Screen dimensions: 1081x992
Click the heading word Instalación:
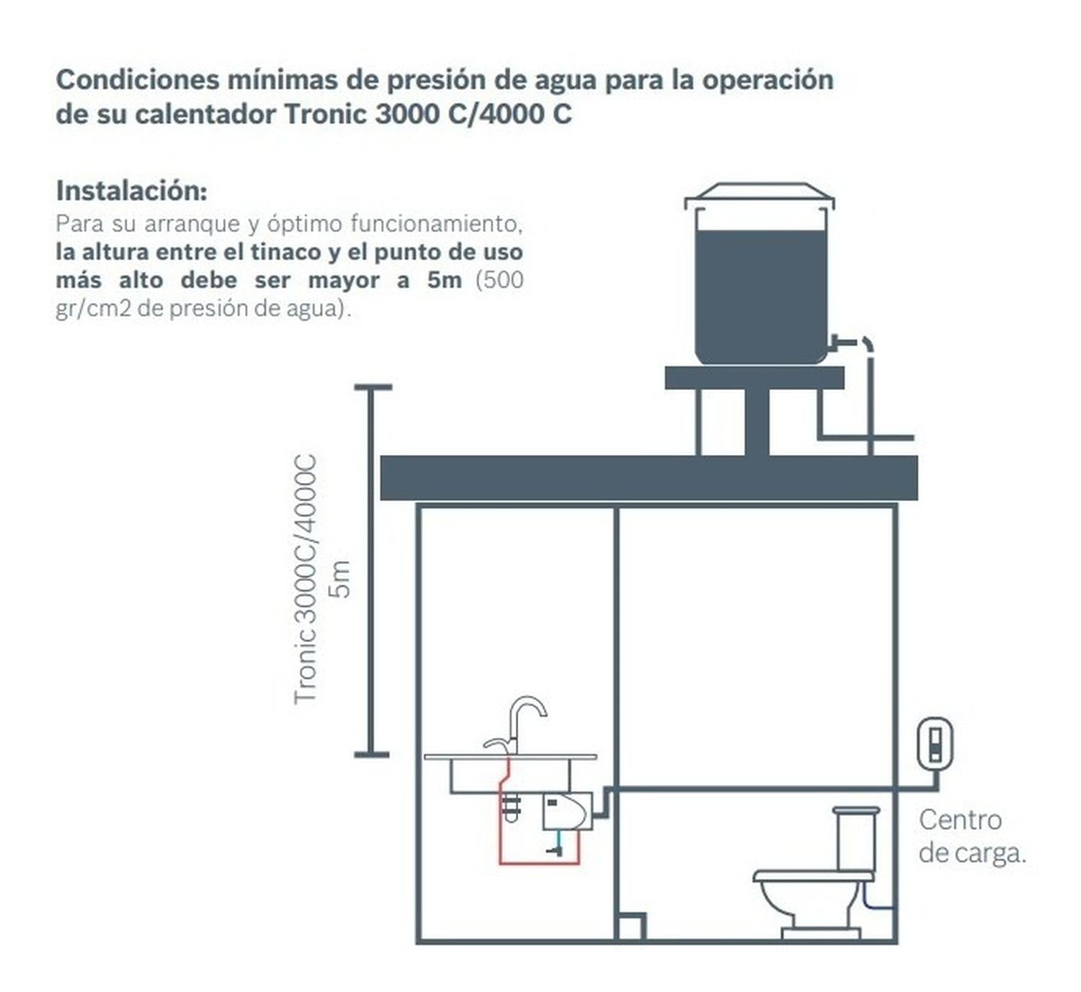coord(131,190)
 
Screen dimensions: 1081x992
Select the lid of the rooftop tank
coord(760,194)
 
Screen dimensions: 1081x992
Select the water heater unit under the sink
coord(567,811)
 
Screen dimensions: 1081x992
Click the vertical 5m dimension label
coord(340,579)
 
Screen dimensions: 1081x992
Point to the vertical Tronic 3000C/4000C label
coord(305,579)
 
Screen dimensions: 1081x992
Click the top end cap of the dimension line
coord(373,387)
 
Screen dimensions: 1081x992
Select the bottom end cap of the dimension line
coord(372,755)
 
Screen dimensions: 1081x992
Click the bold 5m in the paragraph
coord(445,280)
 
